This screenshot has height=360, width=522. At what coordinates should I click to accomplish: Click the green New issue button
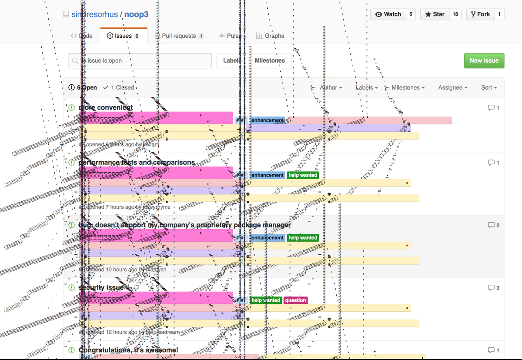pos(484,61)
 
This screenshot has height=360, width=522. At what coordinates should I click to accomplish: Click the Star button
pos(435,14)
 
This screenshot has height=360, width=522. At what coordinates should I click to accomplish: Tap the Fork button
pos(479,14)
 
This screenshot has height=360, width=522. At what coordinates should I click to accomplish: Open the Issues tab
pos(124,36)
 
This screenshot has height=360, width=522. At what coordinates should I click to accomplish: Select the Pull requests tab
pos(179,36)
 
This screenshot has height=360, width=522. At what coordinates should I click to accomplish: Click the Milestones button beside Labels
pos(270,61)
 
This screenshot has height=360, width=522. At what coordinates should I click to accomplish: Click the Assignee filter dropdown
pos(453,88)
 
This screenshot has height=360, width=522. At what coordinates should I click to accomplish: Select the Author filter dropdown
pos(331,88)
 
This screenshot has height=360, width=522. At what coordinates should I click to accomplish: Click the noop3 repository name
pos(136,14)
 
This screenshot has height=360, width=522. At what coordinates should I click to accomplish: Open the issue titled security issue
pos(101,287)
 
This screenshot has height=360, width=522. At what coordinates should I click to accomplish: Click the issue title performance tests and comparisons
pos(137,162)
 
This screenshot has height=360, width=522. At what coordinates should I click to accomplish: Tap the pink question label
pos(296,300)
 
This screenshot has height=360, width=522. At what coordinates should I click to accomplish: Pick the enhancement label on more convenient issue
pos(267,120)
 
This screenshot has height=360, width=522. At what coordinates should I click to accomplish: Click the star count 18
pos(455,14)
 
